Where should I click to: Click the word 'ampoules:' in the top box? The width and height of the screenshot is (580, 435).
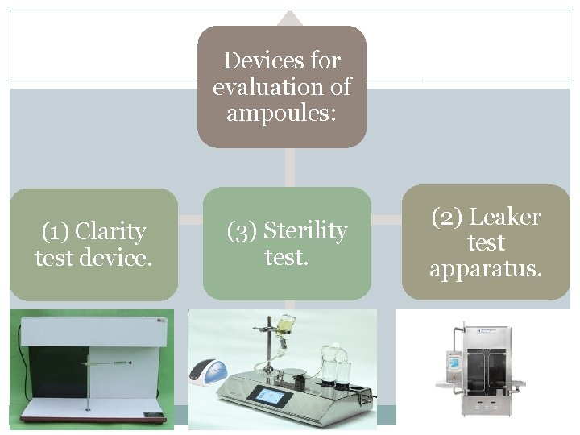(281, 112)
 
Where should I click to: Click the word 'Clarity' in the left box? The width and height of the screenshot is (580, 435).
(110, 232)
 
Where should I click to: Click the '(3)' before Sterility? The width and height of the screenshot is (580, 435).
(242, 231)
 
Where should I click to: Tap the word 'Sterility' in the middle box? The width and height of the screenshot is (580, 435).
(305, 231)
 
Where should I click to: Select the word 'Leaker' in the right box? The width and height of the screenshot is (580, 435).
(505, 217)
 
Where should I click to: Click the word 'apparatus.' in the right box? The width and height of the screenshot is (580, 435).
(486, 268)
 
